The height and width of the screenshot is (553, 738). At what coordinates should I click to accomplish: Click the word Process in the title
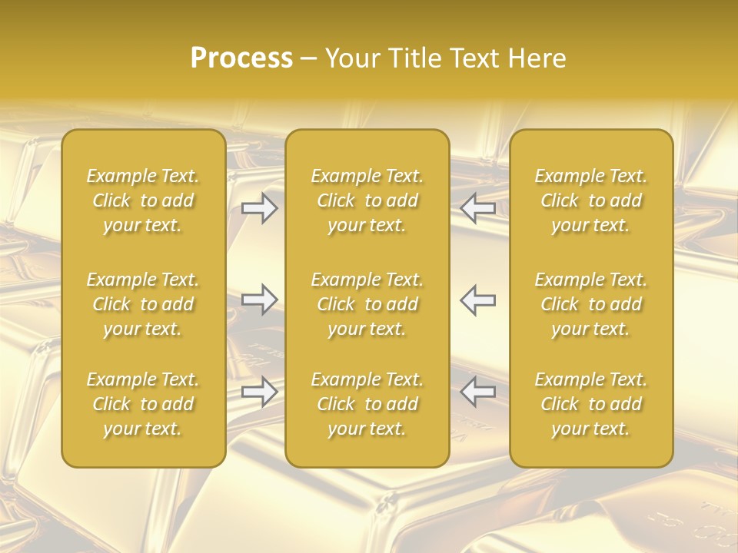[x=241, y=58]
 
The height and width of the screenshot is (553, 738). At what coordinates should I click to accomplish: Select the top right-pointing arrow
[x=260, y=208]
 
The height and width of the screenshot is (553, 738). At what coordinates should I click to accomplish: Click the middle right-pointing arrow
[x=260, y=299]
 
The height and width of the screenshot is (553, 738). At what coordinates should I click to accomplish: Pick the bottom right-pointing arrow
[x=260, y=392]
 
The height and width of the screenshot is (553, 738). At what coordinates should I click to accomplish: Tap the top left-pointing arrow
[x=478, y=208]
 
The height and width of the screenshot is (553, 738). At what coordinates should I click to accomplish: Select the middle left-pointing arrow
[x=478, y=299]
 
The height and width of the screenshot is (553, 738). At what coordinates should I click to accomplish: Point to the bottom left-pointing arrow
[x=478, y=392]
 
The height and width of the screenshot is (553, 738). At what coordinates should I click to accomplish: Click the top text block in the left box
[x=143, y=200]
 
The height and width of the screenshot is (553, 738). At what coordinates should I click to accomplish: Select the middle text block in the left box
[x=143, y=304]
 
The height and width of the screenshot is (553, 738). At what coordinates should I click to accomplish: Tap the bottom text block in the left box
[x=143, y=404]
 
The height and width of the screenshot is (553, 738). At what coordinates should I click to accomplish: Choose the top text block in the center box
[x=367, y=200]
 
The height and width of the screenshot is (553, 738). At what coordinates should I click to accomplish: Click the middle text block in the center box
[x=367, y=304]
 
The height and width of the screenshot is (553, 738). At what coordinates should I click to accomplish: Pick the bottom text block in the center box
[x=367, y=404]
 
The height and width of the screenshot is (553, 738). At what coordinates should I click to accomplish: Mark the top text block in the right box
[x=591, y=200]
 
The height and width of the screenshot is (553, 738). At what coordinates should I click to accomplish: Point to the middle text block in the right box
[x=591, y=304]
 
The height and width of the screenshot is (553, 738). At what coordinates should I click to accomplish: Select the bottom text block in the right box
[x=591, y=404]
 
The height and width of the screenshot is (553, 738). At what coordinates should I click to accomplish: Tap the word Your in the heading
[x=350, y=58]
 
